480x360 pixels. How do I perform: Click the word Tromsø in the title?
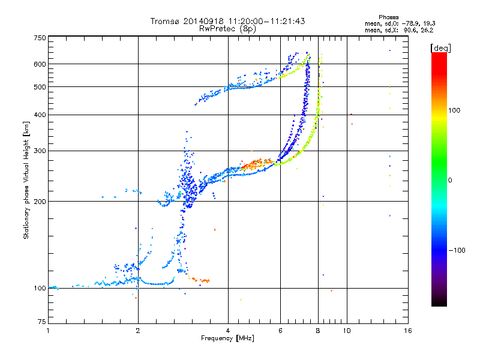[x=166, y=21]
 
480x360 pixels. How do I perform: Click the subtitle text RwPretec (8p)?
[x=227, y=29]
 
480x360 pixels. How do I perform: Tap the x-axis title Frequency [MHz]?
[x=227, y=338]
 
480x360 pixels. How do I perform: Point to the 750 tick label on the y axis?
[x=40, y=38]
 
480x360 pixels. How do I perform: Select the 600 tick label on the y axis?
[x=40, y=64]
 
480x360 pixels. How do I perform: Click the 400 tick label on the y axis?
[x=40, y=115]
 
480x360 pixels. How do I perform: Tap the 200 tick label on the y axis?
[x=40, y=202]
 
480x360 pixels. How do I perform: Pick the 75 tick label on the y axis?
[x=42, y=322]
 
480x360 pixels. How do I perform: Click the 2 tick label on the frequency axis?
[x=138, y=331]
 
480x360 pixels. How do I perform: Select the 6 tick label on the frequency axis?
[x=280, y=331]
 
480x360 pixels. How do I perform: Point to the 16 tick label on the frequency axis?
[x=408, y=331]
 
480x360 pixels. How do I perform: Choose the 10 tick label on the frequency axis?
[x=347, y=331]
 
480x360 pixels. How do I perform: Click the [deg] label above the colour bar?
[x=440, y=49]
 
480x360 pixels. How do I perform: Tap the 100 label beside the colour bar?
[x=454, y=110]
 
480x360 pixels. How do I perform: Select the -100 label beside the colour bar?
[x=457, y=250]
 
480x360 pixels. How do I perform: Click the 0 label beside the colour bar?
[x=450, y=181]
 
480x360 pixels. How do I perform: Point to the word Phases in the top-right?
[x=389, y=17]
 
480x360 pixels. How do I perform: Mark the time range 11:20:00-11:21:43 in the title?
[x=266, y=21]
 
